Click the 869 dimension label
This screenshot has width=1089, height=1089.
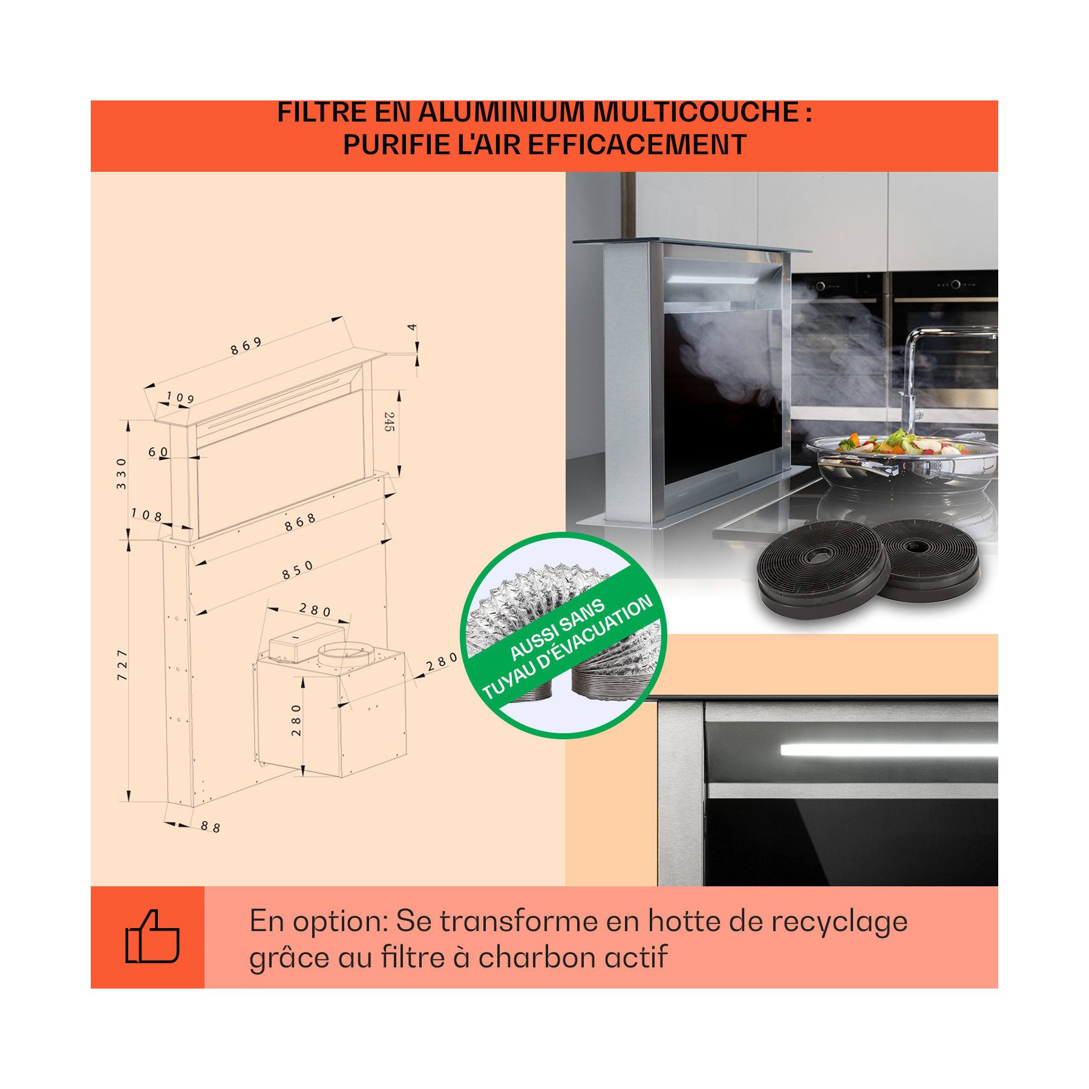pos(246,346)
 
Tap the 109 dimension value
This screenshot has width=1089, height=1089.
pos(180,397)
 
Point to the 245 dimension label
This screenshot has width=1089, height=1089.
pos(389,422)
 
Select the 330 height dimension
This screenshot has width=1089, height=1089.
pos(122,473)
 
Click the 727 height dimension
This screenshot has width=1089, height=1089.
pos(122,665)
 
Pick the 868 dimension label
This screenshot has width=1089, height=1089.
pos(300,522)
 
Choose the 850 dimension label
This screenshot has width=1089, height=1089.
pos(298,569)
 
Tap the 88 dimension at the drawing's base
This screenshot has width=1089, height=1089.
pos(211,826)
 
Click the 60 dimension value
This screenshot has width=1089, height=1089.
pos(159,452)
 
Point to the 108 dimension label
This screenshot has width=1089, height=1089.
pos(147,515)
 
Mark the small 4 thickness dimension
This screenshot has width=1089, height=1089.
pos(412,327)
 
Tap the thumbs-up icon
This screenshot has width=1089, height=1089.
pos(152,937)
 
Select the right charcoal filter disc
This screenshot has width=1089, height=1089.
pos(926,561)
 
